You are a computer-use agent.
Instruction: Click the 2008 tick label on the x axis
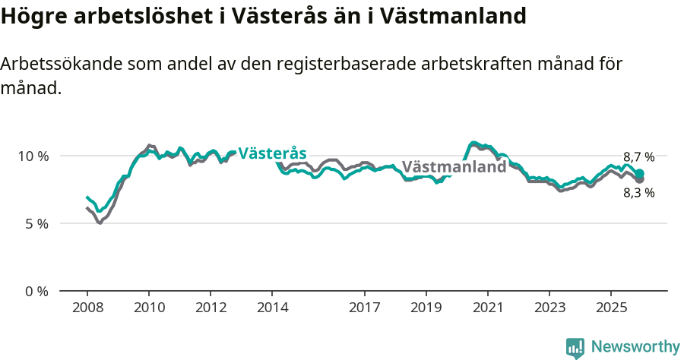tap(87, 308)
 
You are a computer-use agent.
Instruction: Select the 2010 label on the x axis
tap(149, 308)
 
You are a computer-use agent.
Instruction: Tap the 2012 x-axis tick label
tap(211, 308)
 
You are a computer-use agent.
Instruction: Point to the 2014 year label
tap(272, 308)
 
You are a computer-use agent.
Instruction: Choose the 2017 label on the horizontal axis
tap(365, 308)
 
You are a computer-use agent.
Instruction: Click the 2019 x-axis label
tap(426, 308)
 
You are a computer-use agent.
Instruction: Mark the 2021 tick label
tap(488, 308)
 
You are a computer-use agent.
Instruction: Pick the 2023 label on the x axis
tap(549, 308)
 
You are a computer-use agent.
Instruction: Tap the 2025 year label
tap(611, 308)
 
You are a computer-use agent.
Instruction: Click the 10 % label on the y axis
tap(33, 156)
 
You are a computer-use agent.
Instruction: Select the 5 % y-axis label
tap(36, 224)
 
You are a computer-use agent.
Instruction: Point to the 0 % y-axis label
tap(36, 292)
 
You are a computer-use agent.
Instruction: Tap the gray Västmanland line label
tap(454, 167)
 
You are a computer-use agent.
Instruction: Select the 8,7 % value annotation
tap(638, 157)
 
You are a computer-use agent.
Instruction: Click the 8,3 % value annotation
tap(638, 193)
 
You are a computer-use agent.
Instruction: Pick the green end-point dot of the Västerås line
tap(640, 174)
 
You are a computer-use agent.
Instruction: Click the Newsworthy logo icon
tap(575, 348)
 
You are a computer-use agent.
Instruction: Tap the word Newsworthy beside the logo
tap(635, 347)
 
